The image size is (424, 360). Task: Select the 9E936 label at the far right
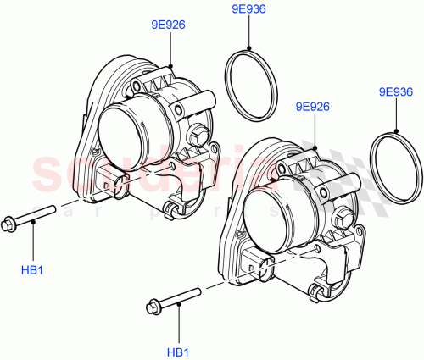coord(395,91)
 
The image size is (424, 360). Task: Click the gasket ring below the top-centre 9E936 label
coord(251,87)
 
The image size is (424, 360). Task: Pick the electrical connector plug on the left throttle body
coord(107,178)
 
